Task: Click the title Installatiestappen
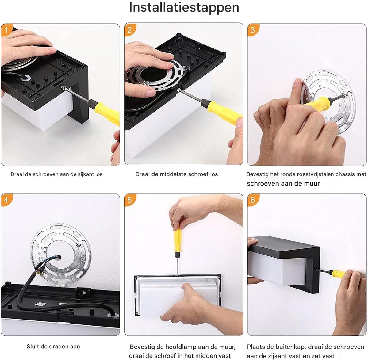click(x=184, y=8)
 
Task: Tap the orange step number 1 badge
click(x=6, y=30)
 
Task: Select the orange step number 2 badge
click(x=130, y=30)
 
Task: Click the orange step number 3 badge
click(x=253, y=30)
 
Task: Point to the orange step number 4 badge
click(x=6, y=200)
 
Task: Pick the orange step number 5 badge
click(x=130, y=200)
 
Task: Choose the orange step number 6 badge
click(x=253, y=200)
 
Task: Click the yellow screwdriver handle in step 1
click(x=107, y=112)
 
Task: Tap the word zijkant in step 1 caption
click(x=85, y=174)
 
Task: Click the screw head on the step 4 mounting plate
click(x=77, y=245)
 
